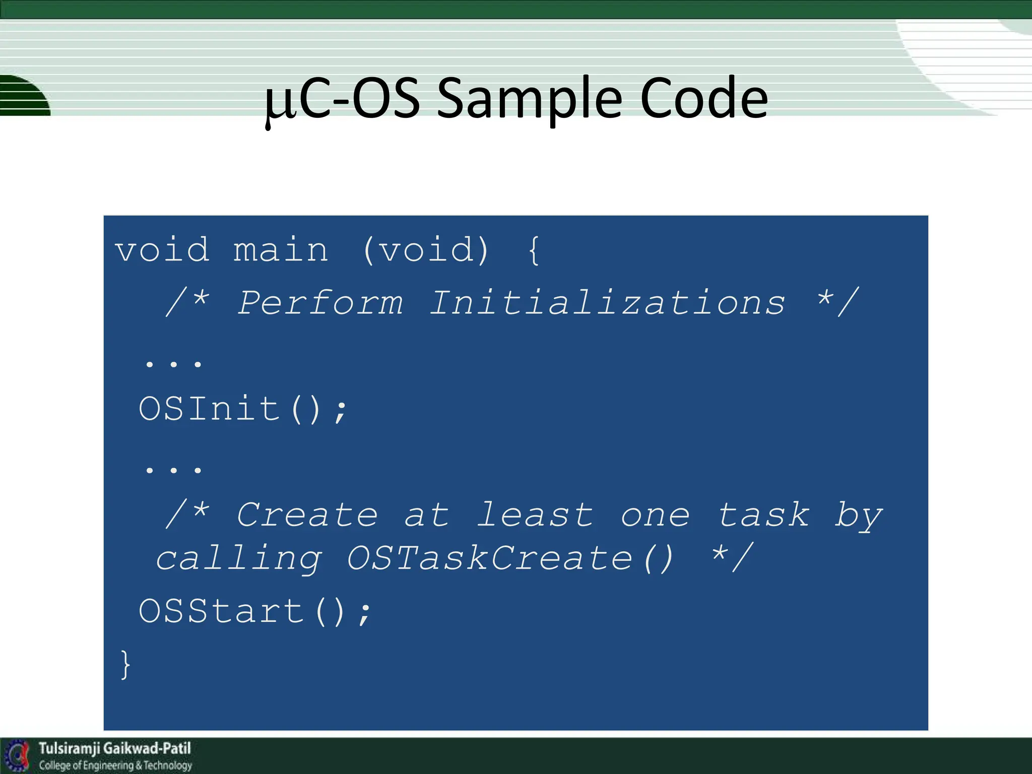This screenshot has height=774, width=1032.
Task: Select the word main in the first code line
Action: [x=281, y=250]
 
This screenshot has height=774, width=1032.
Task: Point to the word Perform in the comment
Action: [x=320, y=303]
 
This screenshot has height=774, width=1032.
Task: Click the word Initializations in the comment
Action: [x=607, y=303]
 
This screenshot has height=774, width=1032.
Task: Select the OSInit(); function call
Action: [x=243, y=409]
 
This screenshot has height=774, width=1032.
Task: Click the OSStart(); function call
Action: [x=255, y=611]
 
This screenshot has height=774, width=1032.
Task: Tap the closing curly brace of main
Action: [x=125, y=665]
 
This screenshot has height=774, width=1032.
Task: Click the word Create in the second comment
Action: [x=307, y=515]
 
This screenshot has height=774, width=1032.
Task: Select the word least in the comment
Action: [x=535, y=515]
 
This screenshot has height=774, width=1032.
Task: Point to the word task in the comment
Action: [x=764, y=515]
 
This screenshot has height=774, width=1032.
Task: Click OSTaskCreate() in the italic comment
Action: [x=510, y=558]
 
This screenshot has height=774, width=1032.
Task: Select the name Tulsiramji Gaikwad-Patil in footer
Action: [x=115, y=748]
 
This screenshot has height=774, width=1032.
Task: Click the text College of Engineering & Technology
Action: [x=116, y=765]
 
